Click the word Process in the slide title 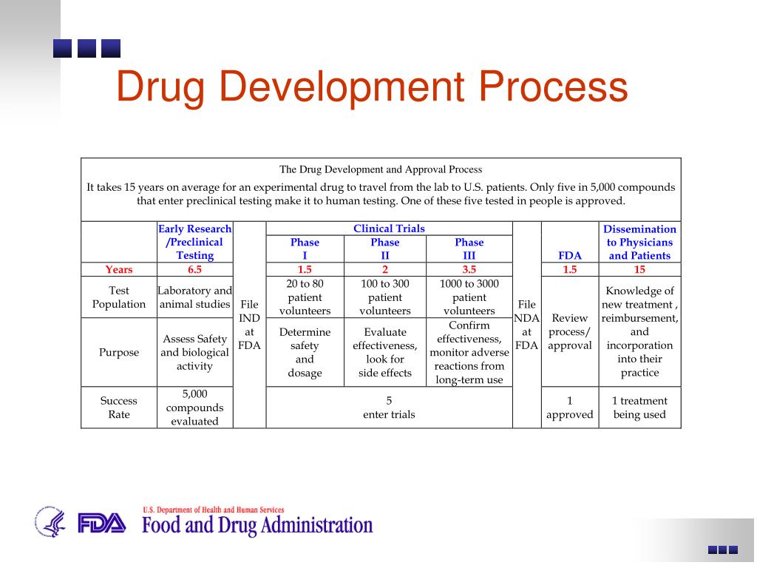[552, 87]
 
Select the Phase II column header [384, 248]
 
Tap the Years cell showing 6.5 [194, 270]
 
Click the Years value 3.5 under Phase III [469, 270]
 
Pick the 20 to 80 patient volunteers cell [305, 297]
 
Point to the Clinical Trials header [389, 229]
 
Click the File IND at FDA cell [249, 325]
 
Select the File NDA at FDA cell [526, 325]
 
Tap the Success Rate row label [118, 408]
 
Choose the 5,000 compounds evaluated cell [194, 408]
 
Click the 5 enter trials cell [389, 408]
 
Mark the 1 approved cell [569, 408]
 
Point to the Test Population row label [118, 297]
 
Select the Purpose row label [118, 352]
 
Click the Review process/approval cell [569, 331]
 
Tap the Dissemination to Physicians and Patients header [639, 242]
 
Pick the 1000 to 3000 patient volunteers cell [469, 297]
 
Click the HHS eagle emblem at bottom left [50, 521]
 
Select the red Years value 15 [639, 270]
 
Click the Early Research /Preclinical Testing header [194, 242]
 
